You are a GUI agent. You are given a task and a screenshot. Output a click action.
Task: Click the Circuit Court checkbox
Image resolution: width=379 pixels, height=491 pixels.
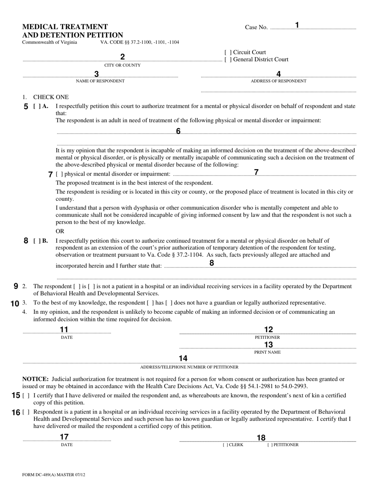tap(227, 52)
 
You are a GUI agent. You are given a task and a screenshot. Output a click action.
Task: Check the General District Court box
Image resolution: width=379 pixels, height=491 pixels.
tap(227, 60)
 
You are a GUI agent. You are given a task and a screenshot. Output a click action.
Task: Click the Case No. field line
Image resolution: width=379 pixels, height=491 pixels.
tap(313, 28)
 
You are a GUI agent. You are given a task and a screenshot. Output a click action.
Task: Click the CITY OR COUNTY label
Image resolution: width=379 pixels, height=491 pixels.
tap(122, 65)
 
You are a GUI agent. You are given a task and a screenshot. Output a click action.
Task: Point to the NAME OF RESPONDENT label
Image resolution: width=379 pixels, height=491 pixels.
tap(100, 81)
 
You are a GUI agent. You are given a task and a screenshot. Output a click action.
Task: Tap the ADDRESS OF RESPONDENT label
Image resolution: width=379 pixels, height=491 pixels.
tap(278, 81)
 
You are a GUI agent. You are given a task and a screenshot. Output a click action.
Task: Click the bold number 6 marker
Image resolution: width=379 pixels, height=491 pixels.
tap(178, 131)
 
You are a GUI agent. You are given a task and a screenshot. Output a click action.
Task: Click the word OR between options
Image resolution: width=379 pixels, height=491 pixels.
tap(60, 231)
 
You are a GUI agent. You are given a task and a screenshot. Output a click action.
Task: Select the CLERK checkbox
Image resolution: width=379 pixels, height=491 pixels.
tap(225, 445)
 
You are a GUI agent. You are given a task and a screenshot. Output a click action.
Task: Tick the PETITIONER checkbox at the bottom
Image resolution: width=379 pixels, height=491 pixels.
tap(270, 445)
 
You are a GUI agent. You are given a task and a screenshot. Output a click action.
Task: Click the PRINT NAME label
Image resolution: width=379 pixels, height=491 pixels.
tap(267, 352)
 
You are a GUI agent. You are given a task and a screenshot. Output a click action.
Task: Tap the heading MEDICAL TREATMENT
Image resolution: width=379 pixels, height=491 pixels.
tap(65, 27)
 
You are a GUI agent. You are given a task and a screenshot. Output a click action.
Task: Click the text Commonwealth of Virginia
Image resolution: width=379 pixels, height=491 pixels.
tap(50, 42)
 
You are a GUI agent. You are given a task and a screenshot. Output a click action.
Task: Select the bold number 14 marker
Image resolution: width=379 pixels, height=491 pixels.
tap(183, 358)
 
